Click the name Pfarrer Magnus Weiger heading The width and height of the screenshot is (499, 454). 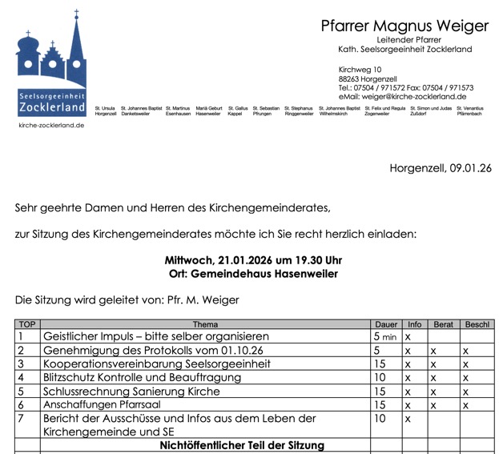(x=404, y=26)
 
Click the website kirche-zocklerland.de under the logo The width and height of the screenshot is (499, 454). (x=50, y=126)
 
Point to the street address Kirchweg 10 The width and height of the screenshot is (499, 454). (x=360, y=70)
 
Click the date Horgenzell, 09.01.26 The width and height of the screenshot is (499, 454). (x=440, y=168)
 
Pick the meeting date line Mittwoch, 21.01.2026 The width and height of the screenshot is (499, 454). (x=252, y=261)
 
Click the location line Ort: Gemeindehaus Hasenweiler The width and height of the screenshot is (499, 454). (x=252, y=274)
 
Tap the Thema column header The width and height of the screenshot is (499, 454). (x=205, y=324)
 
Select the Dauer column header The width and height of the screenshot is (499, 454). (x=386, y=324)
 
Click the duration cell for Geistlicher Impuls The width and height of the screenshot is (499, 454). (x=385, y=337)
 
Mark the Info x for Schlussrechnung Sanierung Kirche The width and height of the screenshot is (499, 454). (x=408, y=392)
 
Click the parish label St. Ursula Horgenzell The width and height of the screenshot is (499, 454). (x=106, y=110)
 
